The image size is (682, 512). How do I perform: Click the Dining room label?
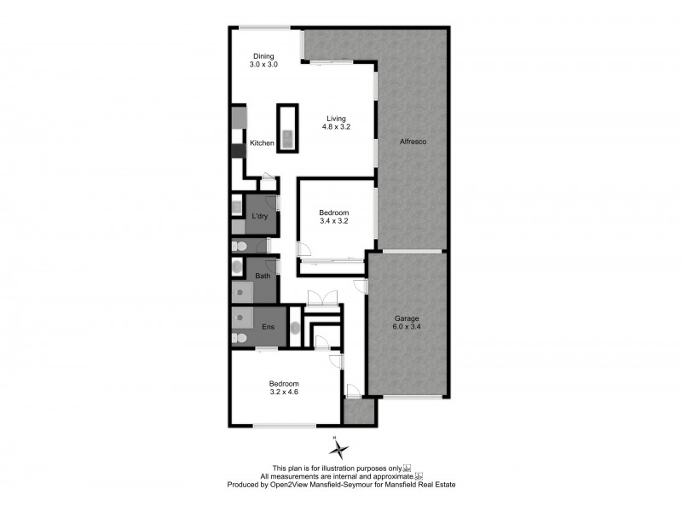tap(263, 61)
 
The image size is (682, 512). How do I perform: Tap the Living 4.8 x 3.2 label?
tap(336, 122)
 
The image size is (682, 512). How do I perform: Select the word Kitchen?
tap(262, 143)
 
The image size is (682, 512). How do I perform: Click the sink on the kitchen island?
tap(287, 136)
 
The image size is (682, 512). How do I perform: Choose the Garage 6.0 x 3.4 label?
tap(406, 322)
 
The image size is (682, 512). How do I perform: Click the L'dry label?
tap(259, 216)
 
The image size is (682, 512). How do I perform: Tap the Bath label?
tap(263, 276)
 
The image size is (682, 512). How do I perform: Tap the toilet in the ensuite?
tap(240, 339)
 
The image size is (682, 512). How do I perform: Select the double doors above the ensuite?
tap(321, 298)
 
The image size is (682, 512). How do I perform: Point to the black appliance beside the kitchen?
tap(238, 151)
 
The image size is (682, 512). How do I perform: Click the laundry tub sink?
tap(237, 206)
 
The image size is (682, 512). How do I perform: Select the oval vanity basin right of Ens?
tap(294, 328)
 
